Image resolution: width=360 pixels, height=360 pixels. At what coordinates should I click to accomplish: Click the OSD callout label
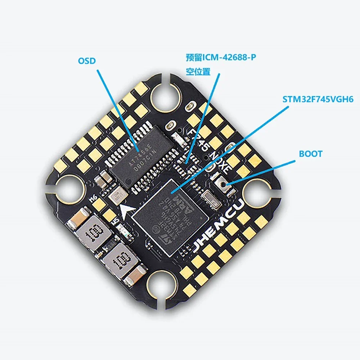point(87,60)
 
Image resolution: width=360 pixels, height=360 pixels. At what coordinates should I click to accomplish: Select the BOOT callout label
point(311,154)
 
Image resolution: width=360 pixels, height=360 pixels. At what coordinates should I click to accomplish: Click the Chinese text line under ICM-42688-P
point(198,71)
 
